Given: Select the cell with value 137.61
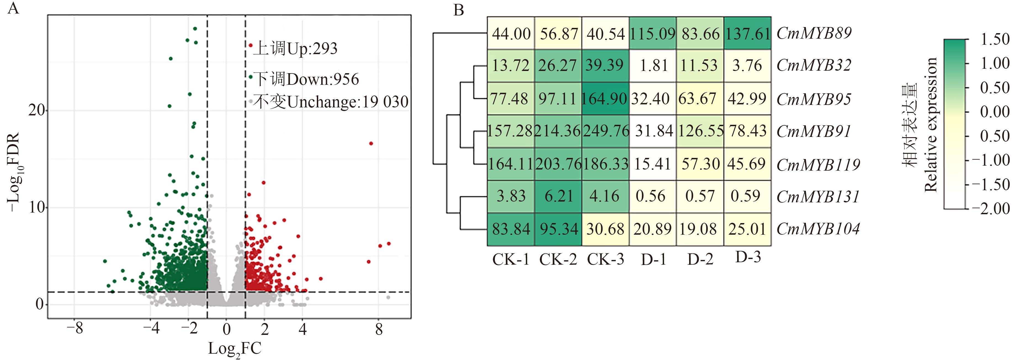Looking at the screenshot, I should (747, 34).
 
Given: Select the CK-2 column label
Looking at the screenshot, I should (558, 259).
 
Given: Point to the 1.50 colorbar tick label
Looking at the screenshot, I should (994, 39).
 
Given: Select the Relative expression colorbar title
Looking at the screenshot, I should (931, 125).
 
